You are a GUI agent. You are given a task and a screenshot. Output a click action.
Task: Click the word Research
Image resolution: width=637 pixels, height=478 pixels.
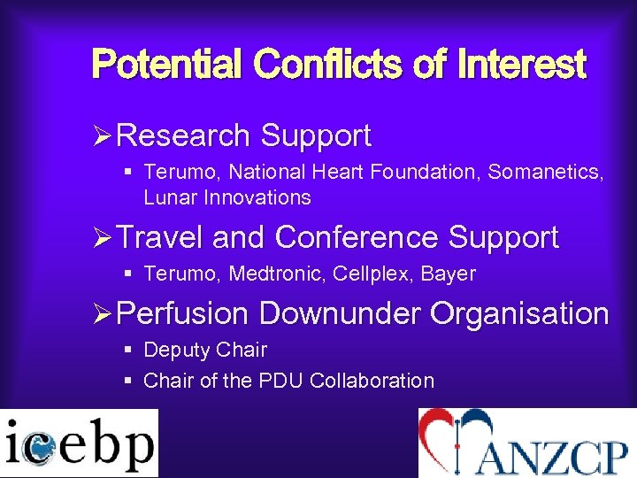click(x=183, y=135)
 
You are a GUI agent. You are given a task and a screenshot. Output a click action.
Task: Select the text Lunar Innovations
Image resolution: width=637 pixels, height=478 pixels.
click(x=227, y=197)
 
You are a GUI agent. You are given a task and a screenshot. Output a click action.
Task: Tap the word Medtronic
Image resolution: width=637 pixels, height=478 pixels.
click(x=277, y=274)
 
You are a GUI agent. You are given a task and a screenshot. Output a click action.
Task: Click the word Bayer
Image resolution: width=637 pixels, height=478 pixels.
click(x=449, y=274)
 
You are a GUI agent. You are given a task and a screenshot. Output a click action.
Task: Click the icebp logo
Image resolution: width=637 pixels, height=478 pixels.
click(x=79, y=443)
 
